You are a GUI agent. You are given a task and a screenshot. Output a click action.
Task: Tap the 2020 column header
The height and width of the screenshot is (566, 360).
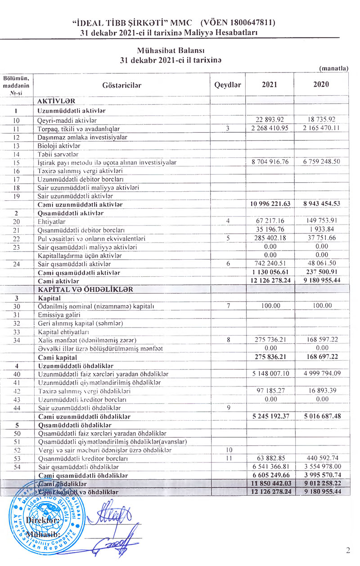pyautogui.click(x=321, y=84)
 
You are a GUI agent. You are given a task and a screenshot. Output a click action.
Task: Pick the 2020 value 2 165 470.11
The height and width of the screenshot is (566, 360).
pyautogui.click(x=321, y=129)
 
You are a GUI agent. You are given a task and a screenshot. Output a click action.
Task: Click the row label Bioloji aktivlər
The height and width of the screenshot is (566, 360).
pyautogui.click(x=59, y=145)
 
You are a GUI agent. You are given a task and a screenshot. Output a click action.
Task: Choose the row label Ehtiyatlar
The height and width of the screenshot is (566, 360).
pyautogui.click(x=52, y=221)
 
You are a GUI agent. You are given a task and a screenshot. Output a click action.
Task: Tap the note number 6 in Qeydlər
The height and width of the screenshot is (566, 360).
pyautogui.click(x=228, y=264)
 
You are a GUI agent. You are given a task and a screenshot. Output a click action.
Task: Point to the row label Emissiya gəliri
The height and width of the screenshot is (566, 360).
pyautogui.click(x=58, y=314)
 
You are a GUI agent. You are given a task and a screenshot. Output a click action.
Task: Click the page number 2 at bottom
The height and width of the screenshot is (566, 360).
pyautogui.click(x=348, y=550)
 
